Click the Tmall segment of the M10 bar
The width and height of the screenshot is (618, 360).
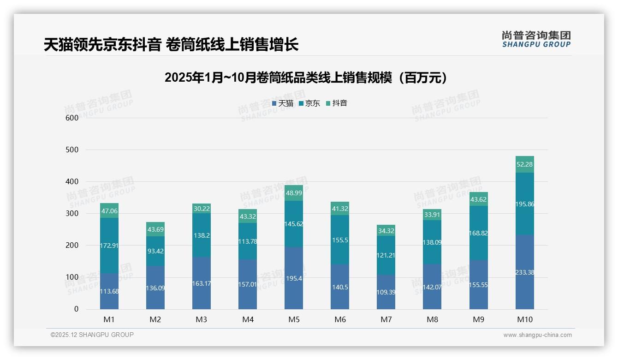524,272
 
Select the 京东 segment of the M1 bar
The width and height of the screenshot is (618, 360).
109,246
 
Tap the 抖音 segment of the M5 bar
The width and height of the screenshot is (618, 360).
294,193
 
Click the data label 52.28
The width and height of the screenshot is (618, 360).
524,165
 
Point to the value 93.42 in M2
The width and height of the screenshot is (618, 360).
155,251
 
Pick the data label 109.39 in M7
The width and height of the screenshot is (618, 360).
386,292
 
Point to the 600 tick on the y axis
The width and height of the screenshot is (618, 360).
72,118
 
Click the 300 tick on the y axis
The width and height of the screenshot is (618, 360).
72,214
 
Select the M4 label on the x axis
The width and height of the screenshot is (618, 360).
248,319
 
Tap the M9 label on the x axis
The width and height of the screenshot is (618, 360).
478,319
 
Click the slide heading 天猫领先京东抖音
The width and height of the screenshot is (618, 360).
171,45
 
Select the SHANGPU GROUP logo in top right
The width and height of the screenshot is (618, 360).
536,39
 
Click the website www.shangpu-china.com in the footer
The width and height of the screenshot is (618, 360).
537,335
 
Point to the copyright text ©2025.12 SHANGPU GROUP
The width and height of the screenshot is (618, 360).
92,335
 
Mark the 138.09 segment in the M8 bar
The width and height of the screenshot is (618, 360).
432,242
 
